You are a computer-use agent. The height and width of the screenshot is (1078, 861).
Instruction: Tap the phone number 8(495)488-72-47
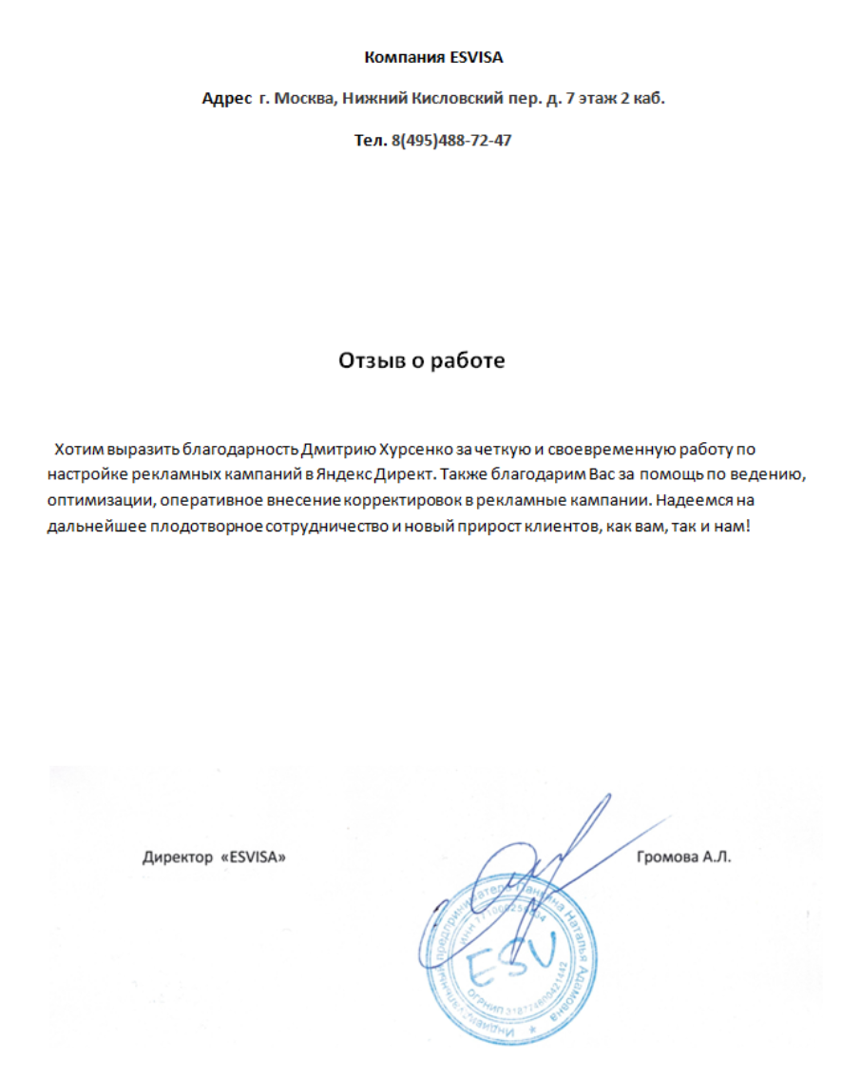450,141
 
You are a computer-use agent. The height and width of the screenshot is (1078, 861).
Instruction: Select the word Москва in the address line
304,99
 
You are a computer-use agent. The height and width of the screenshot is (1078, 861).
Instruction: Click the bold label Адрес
227,99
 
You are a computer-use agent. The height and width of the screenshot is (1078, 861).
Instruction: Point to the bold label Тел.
371,141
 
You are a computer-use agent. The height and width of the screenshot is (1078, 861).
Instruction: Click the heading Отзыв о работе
422,361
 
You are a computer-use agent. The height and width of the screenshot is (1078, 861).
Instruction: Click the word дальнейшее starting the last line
93,525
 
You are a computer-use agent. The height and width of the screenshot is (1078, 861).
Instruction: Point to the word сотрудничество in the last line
335,525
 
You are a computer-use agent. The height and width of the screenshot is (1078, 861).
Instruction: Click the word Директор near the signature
178,857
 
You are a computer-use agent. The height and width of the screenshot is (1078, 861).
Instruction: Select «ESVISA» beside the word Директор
254,857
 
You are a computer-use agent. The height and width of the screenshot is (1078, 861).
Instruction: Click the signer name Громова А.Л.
684,857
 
